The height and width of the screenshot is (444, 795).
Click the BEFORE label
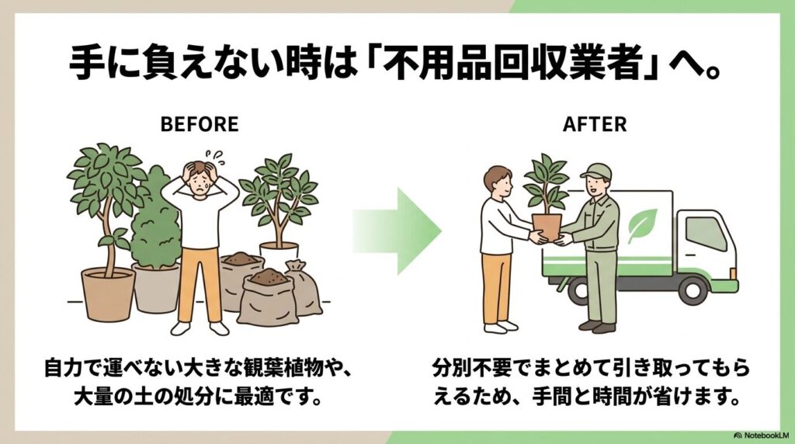[x=199, y=124]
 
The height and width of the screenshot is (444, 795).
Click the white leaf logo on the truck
[x=642, y=225]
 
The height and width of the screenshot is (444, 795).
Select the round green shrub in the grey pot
[x=154, y=229]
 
